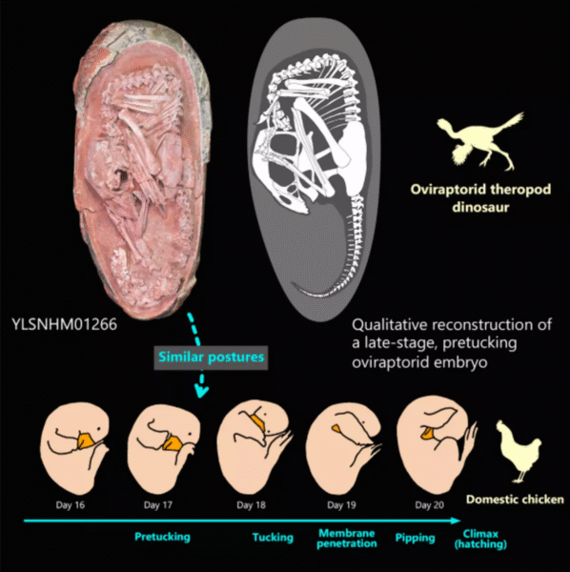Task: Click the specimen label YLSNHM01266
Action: point(65,324)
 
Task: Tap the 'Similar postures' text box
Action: point(211,357)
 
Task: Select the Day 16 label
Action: point(70,505)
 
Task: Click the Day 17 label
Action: point(157,505)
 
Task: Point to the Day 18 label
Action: point(251,505)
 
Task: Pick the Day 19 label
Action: point(341,505)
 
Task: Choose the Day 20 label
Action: point(429,505)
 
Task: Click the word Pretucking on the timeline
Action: point(162,537)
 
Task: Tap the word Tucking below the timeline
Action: point(273,538)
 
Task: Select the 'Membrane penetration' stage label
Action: point(347,539)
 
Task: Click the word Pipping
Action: point(415,538)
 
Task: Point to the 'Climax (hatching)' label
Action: point(480,540)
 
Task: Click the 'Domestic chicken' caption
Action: point(515,499)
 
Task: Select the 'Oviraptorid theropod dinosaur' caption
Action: point(480,198)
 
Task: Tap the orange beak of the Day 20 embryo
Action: point(427,434)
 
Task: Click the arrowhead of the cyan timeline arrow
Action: point(456,521)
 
